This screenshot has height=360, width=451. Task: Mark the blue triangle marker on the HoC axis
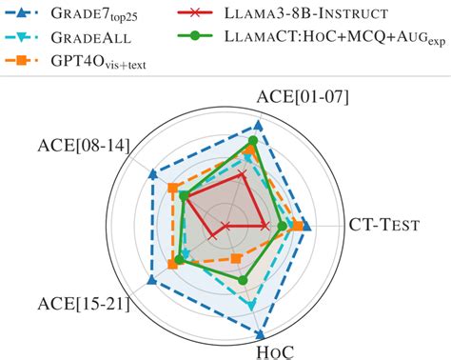[260, 332]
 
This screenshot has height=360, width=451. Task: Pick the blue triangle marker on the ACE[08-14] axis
[152, 174]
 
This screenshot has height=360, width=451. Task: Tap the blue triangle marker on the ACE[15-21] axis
[151, 279]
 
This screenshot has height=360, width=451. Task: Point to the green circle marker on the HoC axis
[244, 279]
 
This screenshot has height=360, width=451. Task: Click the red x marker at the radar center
[226, 226]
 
